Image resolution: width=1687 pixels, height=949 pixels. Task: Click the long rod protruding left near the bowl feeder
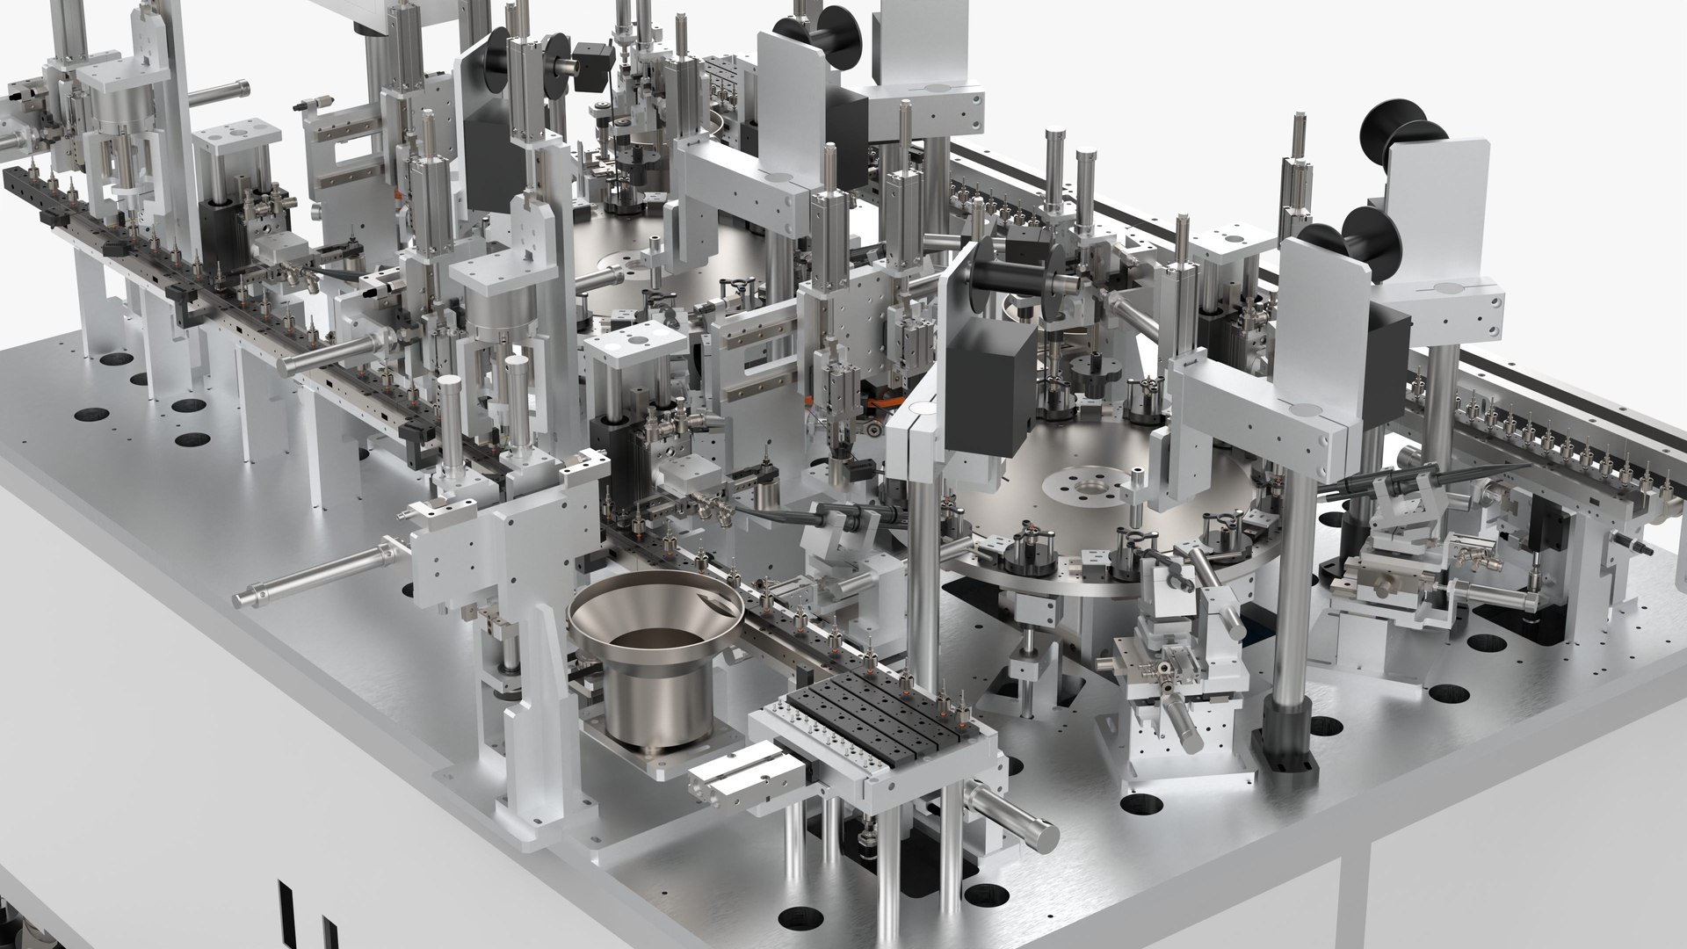(308, 575)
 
